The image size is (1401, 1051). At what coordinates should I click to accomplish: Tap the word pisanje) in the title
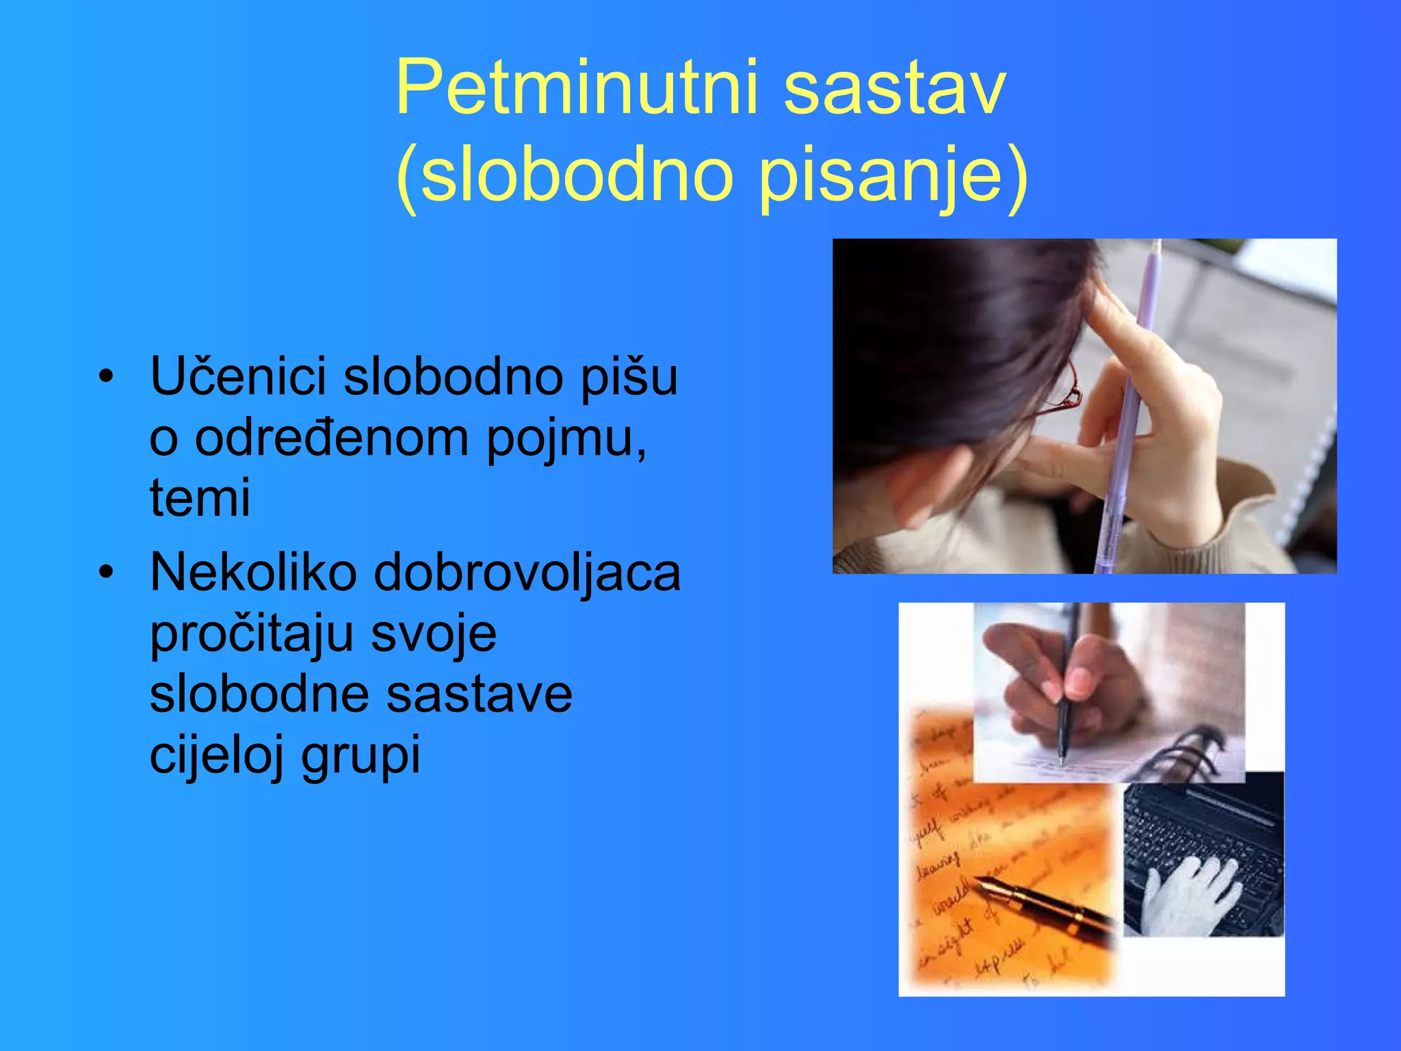point(893,177)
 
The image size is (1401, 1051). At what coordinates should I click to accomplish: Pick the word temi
point(200,497)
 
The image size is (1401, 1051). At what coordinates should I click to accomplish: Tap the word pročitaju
point(251,634)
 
